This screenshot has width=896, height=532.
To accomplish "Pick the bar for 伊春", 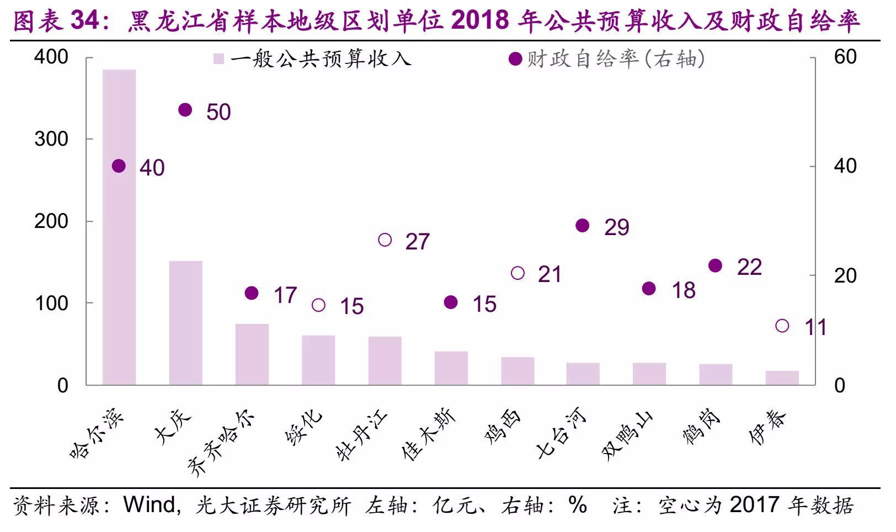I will [782, 378].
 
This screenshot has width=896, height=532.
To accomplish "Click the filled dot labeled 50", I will [185, 110].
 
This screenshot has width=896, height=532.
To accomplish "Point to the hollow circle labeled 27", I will [385, 240].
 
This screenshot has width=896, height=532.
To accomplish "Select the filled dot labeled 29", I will [583, 225].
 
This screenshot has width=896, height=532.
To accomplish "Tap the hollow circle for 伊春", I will [782, 326].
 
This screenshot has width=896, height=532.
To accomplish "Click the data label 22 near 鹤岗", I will [749, 268].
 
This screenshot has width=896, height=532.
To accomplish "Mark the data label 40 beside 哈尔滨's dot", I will [152, 168].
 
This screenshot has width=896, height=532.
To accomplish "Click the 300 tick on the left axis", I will [51, 139].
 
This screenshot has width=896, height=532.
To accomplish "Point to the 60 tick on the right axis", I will [845, 57].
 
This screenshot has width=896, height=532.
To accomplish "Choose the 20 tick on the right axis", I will [845, 276].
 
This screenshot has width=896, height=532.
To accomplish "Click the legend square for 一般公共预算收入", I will [219, 59].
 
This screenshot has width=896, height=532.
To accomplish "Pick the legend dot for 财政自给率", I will [515, 59].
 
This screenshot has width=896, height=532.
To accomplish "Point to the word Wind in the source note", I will [149, 506].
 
